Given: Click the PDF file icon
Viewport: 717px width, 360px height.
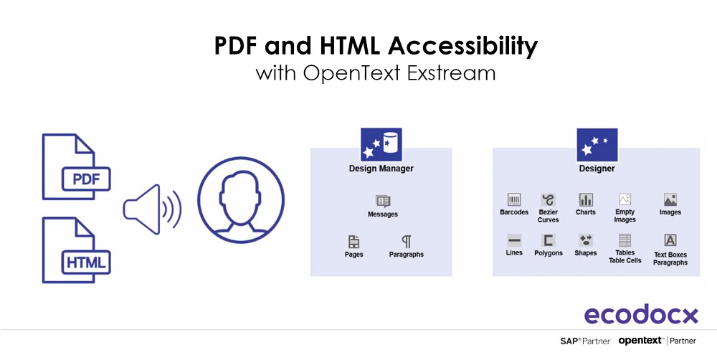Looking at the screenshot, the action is (76, 166).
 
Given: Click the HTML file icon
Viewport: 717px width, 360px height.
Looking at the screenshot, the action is (76, 250).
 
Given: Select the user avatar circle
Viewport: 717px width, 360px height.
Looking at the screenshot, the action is (241, 200).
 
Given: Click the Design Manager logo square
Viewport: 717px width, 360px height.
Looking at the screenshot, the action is (381, 143).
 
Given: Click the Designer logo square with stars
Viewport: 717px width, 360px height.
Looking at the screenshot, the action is (597, 145).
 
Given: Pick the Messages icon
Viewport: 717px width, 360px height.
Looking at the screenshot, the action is (383, 202).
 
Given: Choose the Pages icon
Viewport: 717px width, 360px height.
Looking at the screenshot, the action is (354, 242).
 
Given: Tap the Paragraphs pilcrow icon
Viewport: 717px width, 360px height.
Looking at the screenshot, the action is (407, 242).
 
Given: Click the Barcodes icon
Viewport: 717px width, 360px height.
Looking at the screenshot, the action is (514, 199).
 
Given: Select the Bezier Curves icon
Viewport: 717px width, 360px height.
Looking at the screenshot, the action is (548, 200).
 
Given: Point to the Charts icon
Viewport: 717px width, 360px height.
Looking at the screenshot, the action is (585, 199).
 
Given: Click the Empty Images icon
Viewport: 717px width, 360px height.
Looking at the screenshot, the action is (625, 199).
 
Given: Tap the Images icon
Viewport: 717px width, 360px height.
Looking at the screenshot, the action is (670, 199).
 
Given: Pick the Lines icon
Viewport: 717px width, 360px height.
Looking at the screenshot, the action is (514, 240).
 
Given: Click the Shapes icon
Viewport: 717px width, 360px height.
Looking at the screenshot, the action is (586, 240).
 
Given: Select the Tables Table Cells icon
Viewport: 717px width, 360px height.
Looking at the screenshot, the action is (625, 240).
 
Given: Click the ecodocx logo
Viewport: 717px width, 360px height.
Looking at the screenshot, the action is (642, 314).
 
